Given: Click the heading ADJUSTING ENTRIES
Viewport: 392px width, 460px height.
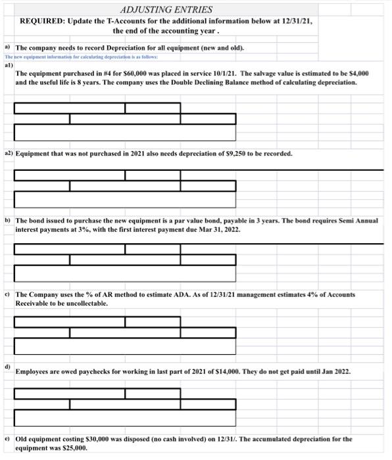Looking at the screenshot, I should pyautogui.click(x=167, y=9).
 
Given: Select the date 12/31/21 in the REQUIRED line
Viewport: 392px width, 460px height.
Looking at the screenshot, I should pyautogui.click(x=296, y=21).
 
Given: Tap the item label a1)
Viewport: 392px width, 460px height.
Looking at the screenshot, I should pyautogui.click(x=9, y=66).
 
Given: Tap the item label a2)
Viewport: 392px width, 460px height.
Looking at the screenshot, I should pyautogui.click(x=9, y=153).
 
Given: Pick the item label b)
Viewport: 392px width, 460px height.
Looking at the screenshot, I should pyautogui.click(x=8, y=220).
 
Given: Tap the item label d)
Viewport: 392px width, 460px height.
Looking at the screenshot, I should pyautogui.click(x=8, y=364).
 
